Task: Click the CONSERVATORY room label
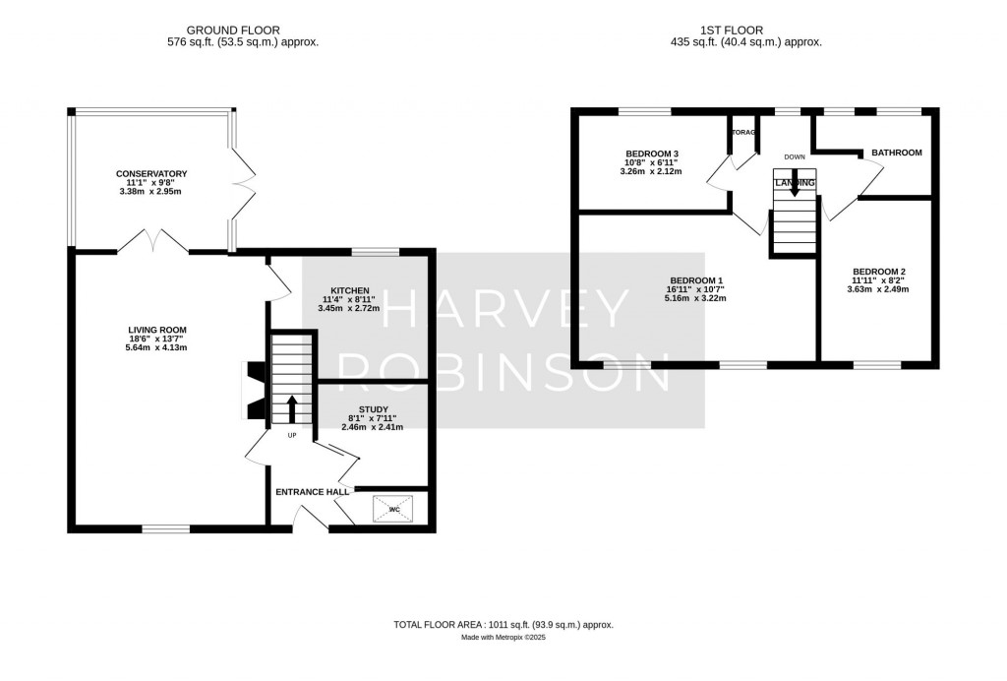click(x=151, y=174)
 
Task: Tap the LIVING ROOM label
click(x=157, y=330)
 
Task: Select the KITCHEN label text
click(x=350, y=290)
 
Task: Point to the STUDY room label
click(x=373, y=409)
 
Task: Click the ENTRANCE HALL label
click(x=312, y=492)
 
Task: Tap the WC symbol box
click(x=393, y=509)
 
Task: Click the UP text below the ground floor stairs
click(x=292, y=435)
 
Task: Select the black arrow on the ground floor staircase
click(x=292, y=406)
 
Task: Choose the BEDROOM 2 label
click(x=878, y=272)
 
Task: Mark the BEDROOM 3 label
click(x=652, y=154)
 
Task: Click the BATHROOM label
click(x=895, y=153)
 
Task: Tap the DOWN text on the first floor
click(x=796, y=156)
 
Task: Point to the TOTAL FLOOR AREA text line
click(x=503, y=625)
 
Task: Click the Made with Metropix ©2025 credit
click(x=503, y=638)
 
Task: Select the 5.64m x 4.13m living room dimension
click(x=157, y=347)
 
